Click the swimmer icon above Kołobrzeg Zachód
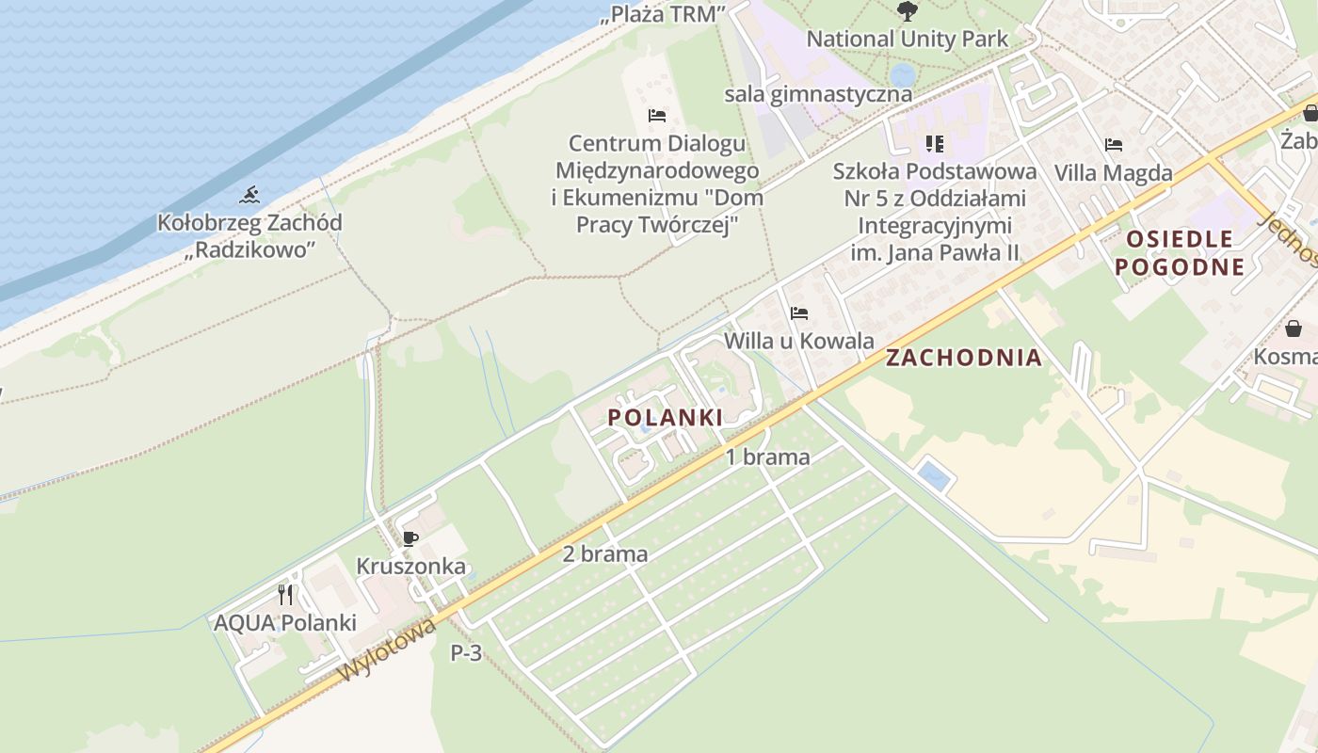click(x=249, y=195)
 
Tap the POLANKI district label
click(x=665, y=417)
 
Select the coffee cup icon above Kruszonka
click(x=410, y=539)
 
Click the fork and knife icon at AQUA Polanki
click(x=285, y=595)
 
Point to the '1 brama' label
click(x=767, y=457)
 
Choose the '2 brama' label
click(x=604, y=553)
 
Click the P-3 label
click(x=466, y=652)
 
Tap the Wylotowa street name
click(x=388, y=649)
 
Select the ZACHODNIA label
click(x=963, y=358)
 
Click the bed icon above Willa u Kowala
click(x=799, y=313)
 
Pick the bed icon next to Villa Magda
click(x=1114, y=145)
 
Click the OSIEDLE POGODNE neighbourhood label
click(x=1180, y=252)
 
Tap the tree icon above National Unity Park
click(x=907, y=11)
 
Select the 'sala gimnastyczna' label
click(x=817, y=94)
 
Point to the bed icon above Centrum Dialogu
click(x=657, y=116)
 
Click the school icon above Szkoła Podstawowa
click(x=934, y=144)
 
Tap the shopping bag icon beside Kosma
click(x=1294, y=328)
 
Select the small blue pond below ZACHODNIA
click(x=934, y=475)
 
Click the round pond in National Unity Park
click(x=902, y=73)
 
